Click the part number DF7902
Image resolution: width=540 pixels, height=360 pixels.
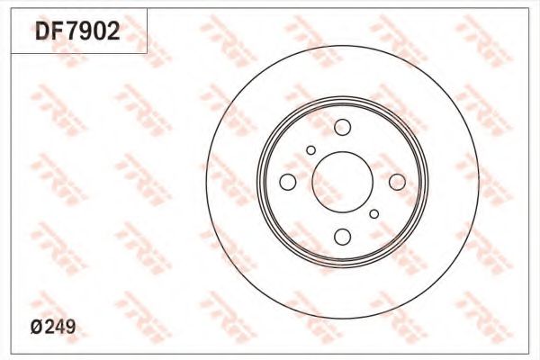(x=77, y=31)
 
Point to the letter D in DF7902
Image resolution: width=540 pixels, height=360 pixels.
(x=43, y=31)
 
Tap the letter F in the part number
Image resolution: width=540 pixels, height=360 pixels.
(x=58, y=31)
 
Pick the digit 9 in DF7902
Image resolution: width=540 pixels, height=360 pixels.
(x=85, y=31)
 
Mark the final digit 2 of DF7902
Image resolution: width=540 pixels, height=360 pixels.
(x=113, y=31)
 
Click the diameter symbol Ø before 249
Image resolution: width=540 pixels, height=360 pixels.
(x=36, y=327)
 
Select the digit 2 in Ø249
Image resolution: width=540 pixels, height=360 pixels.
(x=49, y=327)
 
